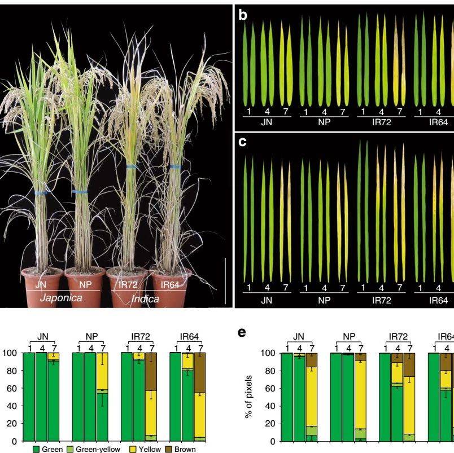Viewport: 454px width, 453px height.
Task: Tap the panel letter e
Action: [242, 333]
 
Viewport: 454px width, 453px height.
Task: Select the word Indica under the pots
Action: [145, 299]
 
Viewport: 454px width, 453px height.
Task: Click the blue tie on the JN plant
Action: [41, 192]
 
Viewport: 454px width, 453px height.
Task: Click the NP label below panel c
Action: [324, 301]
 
